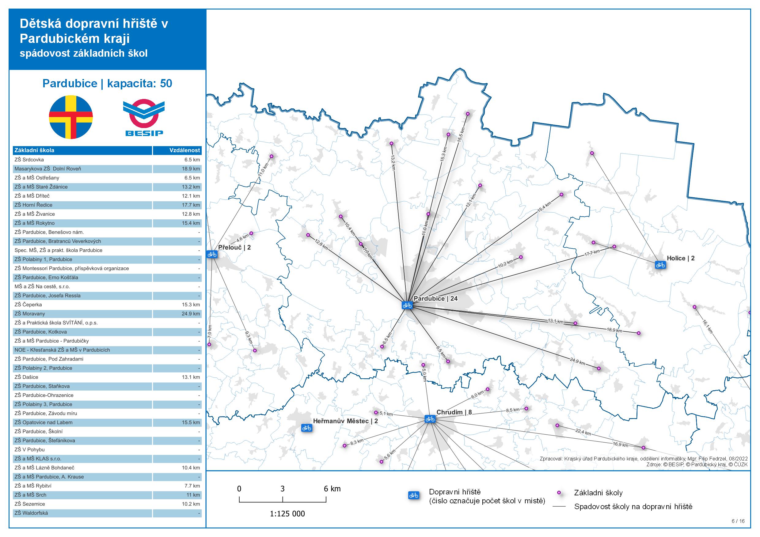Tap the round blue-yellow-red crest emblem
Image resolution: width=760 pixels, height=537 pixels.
coord(71,117)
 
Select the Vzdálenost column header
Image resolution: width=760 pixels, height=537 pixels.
coord(184,150)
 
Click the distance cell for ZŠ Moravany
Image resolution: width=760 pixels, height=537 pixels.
coord(191,314)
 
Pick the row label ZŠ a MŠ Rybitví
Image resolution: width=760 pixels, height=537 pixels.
coord(33,486)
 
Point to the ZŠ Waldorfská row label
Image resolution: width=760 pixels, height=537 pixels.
coord(31,513)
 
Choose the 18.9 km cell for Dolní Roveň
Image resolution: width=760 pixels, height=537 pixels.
coord(191,169)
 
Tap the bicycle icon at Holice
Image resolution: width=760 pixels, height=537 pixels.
coord(660,265)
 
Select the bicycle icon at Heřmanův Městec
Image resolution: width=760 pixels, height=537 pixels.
coord(306,428)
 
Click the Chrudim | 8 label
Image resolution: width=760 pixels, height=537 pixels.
coord(454,412)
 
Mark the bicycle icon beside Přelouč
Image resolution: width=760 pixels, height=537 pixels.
coord(212,254)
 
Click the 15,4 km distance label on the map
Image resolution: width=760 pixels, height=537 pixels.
coord(544,206)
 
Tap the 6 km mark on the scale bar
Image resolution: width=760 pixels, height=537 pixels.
coord(332,489)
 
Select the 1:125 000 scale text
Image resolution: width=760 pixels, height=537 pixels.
coord(287,513)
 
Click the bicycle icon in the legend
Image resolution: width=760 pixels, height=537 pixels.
coord(414,495)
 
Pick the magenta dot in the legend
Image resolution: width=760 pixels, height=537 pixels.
coord(559,493)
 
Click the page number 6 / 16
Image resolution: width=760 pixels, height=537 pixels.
coord(738,521)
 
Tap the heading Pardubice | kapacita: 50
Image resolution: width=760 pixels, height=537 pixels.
coord(107,83)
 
